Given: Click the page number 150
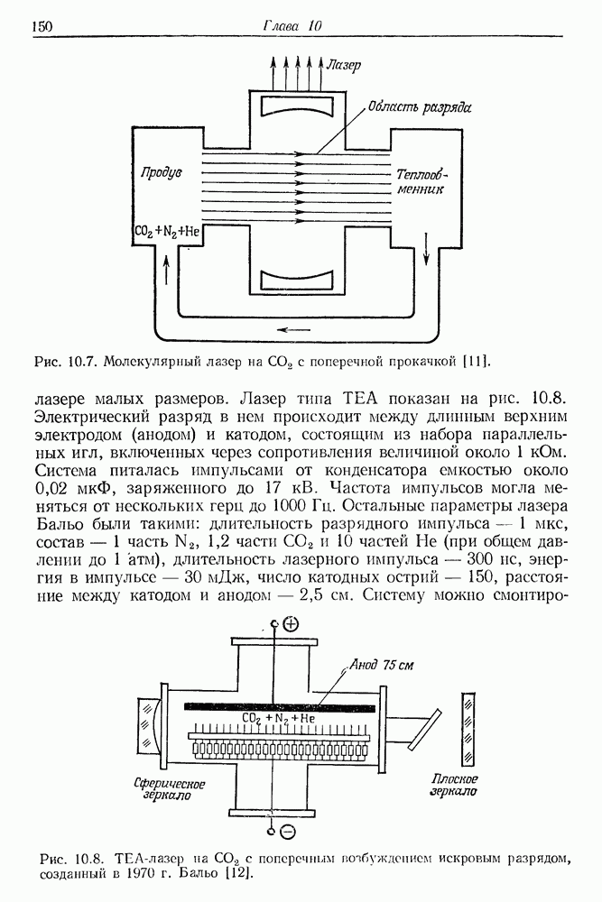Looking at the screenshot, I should click(42, 26).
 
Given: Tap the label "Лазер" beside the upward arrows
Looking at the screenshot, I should click(343, 65).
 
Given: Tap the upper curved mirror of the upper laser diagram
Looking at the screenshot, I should click(301, 106).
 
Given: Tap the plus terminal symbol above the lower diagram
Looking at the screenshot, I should click(291, 624).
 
